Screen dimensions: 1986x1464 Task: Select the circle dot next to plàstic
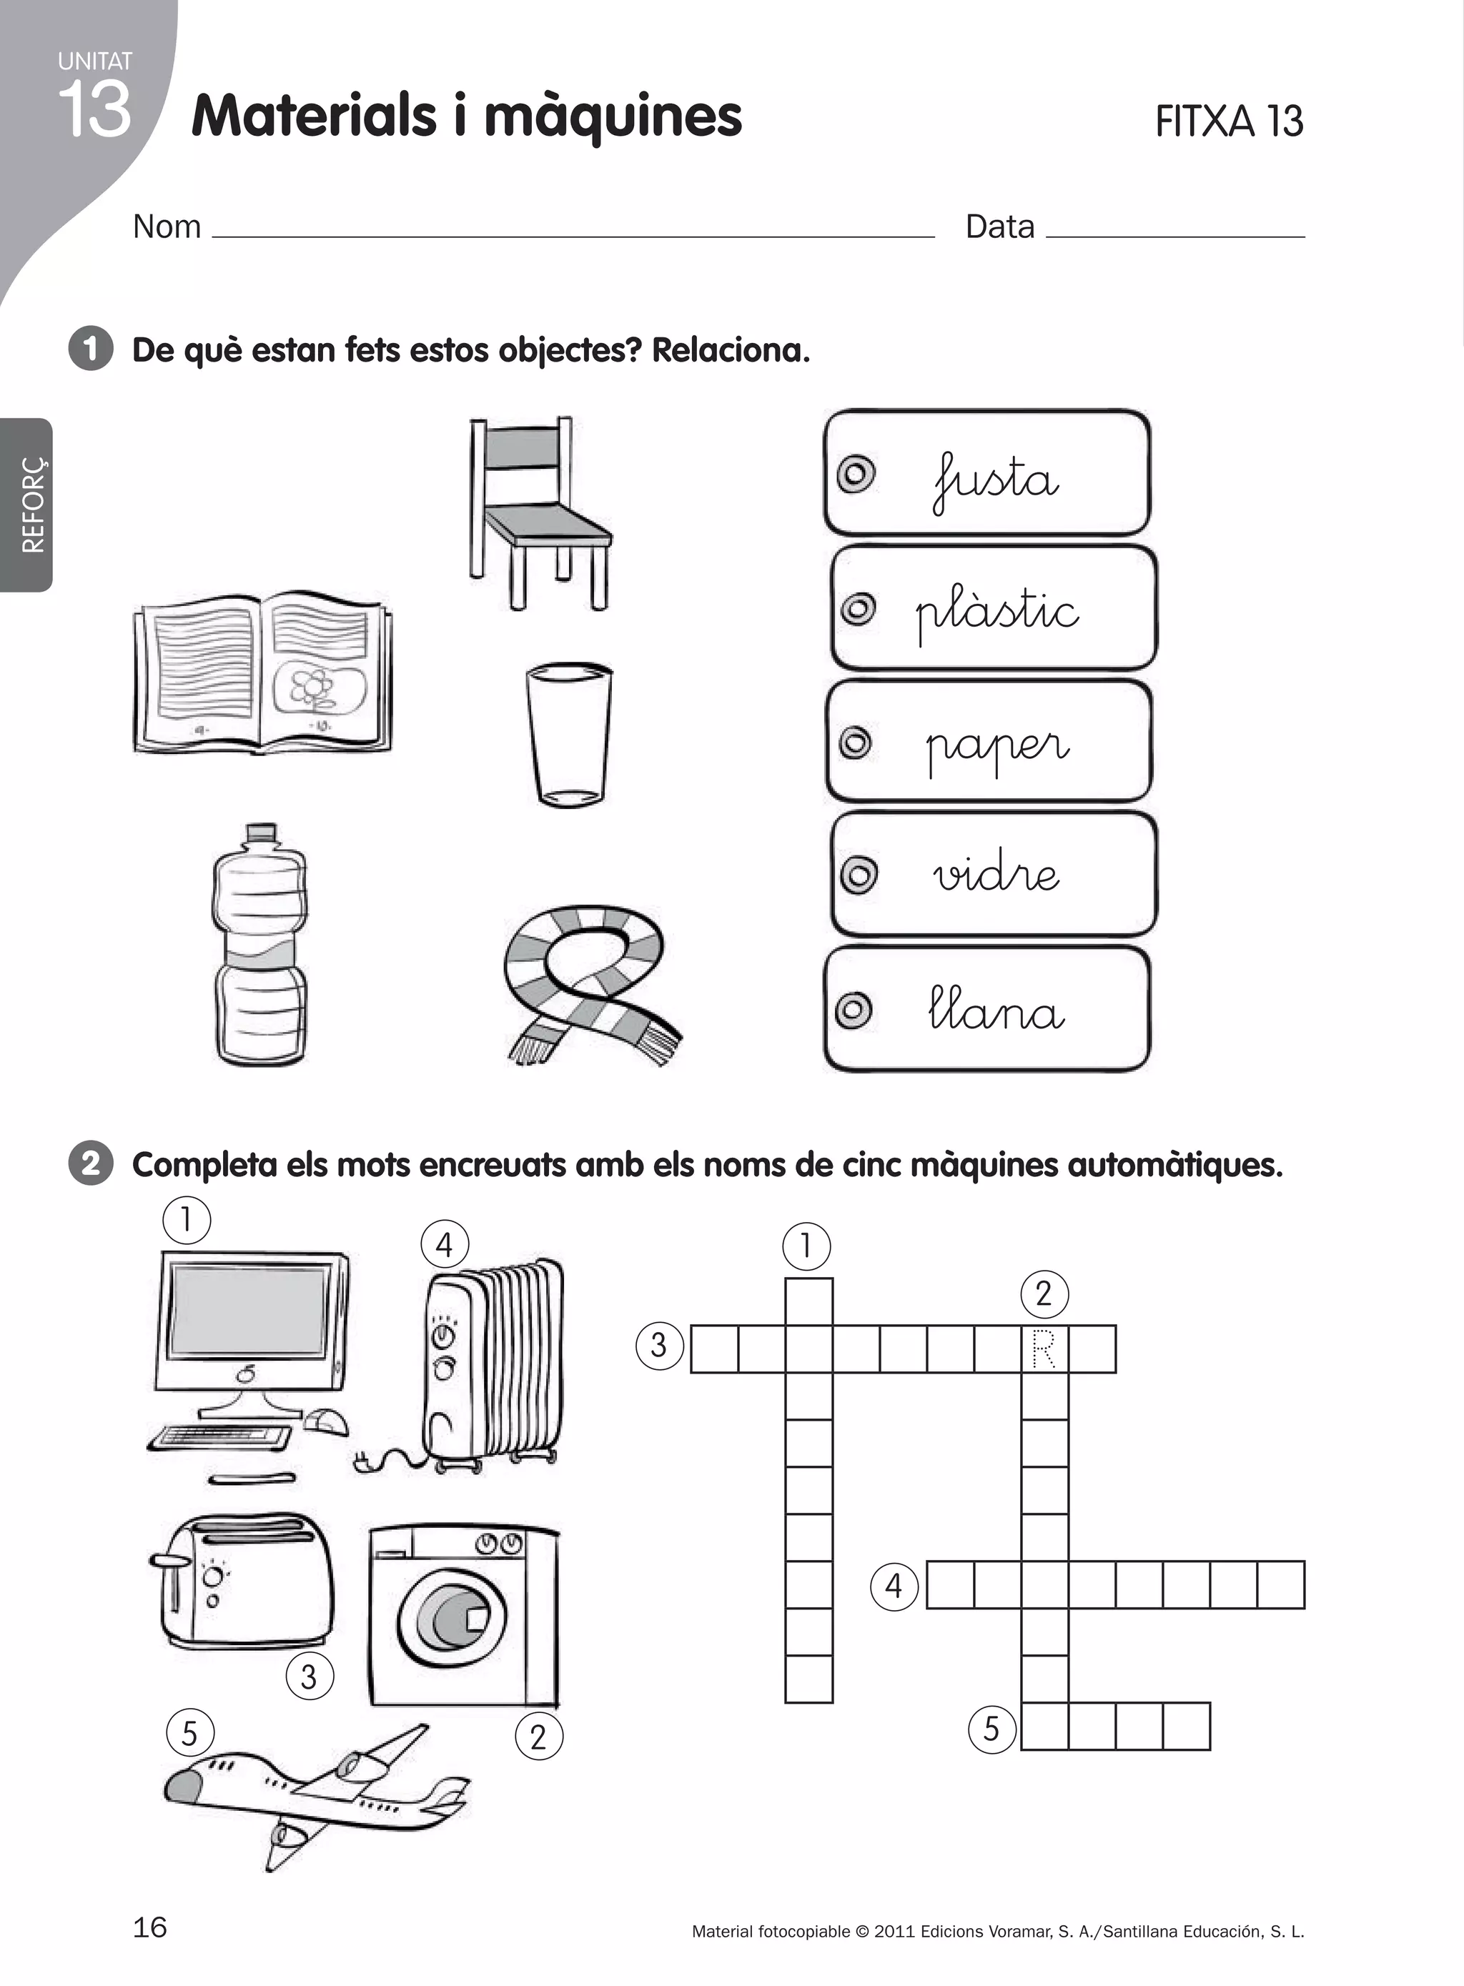click(858, 609)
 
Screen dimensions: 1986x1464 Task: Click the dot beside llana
click(854, 1009)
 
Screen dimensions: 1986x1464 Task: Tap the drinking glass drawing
click(568, 735)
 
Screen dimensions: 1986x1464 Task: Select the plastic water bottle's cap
click(260, 833)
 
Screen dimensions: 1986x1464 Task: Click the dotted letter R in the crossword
click(1044, 1349)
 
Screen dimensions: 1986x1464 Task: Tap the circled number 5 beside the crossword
click(991, 1727)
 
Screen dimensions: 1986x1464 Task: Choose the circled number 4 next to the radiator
click(444, 1245)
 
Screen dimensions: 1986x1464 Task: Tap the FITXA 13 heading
click(1228, 121)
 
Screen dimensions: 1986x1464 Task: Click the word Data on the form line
click(999, 227)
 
